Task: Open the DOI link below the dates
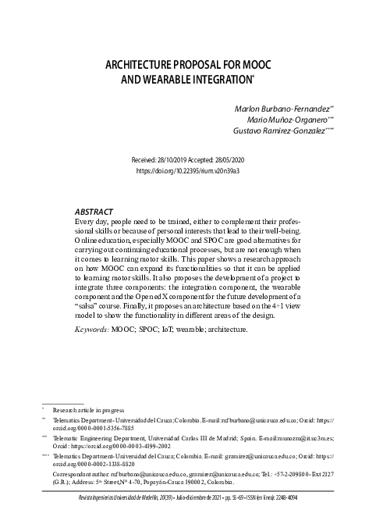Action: [187, 169]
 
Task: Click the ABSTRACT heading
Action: [93, 212]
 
